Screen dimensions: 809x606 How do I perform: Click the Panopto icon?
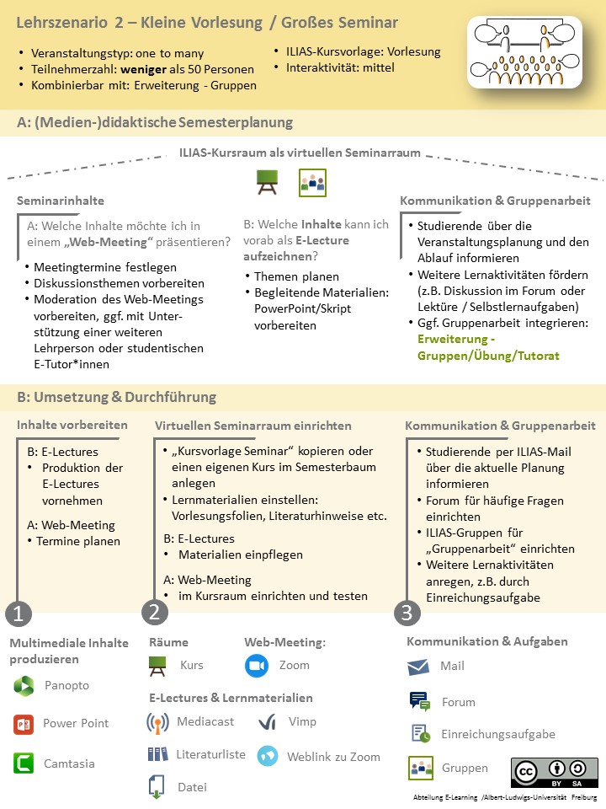24,686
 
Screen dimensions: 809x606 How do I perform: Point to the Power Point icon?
24,724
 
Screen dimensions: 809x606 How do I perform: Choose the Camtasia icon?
24,763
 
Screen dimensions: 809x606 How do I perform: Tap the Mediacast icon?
157,722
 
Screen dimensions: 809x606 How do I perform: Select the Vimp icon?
268,722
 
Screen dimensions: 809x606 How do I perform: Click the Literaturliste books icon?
157,754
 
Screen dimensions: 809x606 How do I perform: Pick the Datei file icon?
157,787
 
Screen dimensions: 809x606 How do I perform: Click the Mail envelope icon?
418,667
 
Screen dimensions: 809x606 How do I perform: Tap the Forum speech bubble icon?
419,701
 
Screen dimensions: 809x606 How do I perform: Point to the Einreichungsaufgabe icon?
420,734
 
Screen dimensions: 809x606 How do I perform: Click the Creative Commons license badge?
554,773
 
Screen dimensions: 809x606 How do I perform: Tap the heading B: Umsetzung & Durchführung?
116,397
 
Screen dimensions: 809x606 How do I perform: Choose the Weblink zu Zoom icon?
268,756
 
